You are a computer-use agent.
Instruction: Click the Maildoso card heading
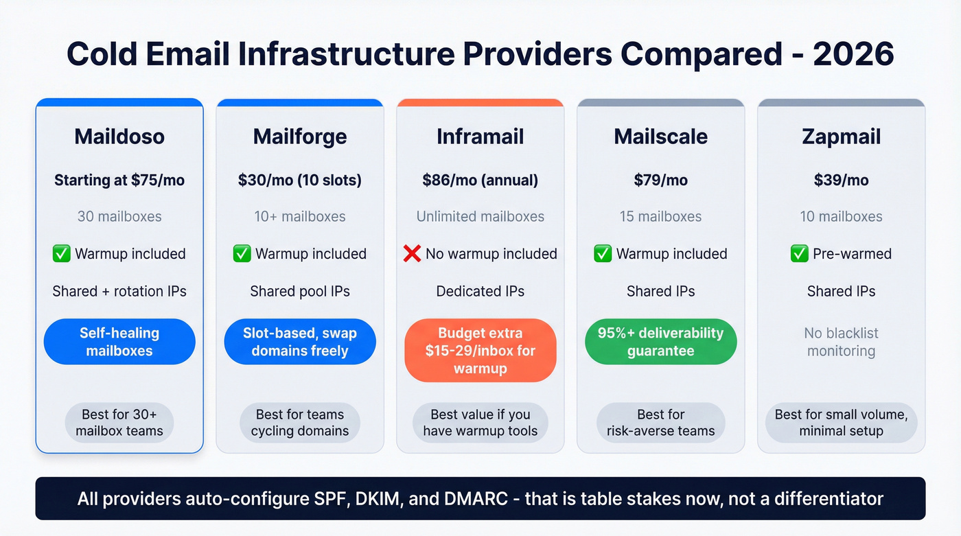coord(119,137)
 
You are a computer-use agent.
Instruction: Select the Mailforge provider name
coord(300,137)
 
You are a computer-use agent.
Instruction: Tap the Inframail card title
coord(480,137)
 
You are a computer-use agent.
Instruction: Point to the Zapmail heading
coord(841,137)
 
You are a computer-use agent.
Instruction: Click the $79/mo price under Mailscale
coord(660,180)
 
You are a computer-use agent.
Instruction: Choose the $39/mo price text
coord(841,180)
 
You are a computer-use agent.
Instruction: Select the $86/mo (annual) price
coord(480,180)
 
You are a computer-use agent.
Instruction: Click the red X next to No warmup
coord(412,254)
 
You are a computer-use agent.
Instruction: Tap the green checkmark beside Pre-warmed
coord(800,254)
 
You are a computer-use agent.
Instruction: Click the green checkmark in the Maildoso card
coord(62,254)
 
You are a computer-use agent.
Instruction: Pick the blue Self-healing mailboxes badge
coord(119,342)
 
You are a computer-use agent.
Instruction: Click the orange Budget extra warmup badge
coord(480,351)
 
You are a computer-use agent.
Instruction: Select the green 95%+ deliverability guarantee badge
coord(660,342)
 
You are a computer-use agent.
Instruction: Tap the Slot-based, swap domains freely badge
coord(300,342)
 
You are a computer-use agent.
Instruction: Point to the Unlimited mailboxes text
coord(480,217)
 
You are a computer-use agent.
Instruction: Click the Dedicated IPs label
coord(480,291)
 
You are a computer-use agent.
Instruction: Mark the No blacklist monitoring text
coord(841,342)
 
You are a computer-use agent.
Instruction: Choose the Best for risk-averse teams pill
coord(660,423)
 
